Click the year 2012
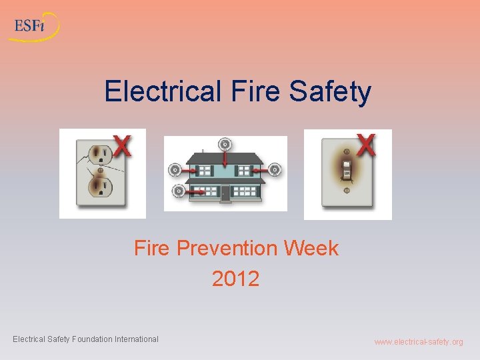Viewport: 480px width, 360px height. pos(235,278)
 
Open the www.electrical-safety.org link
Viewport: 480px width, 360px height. pos(418,342)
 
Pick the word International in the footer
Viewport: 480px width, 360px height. pos(137,339)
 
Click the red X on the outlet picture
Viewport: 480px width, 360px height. pos(121,145)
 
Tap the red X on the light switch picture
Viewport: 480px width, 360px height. pos(366,145)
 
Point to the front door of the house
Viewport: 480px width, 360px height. pos(225,193)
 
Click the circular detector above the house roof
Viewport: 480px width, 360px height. pos(225,144)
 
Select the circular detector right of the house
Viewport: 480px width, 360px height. pos(275,169)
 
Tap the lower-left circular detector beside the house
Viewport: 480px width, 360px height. pos(178,191)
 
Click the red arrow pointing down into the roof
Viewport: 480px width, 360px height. pos(225,159)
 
